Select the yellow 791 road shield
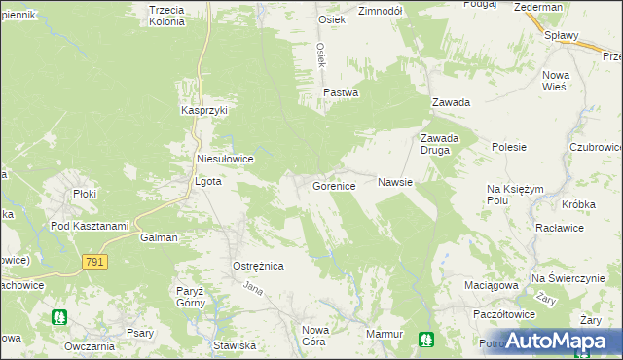(x=94, y=263)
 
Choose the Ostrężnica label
(x=257, y=266)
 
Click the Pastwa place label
(x=341, y=92)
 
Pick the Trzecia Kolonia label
(x=166, y=16)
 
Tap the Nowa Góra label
(x=315, y=336)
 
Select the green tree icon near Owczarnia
(x=59, y=317)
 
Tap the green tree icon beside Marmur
(x=425, y=339)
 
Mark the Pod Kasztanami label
(x=90, y=227)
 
